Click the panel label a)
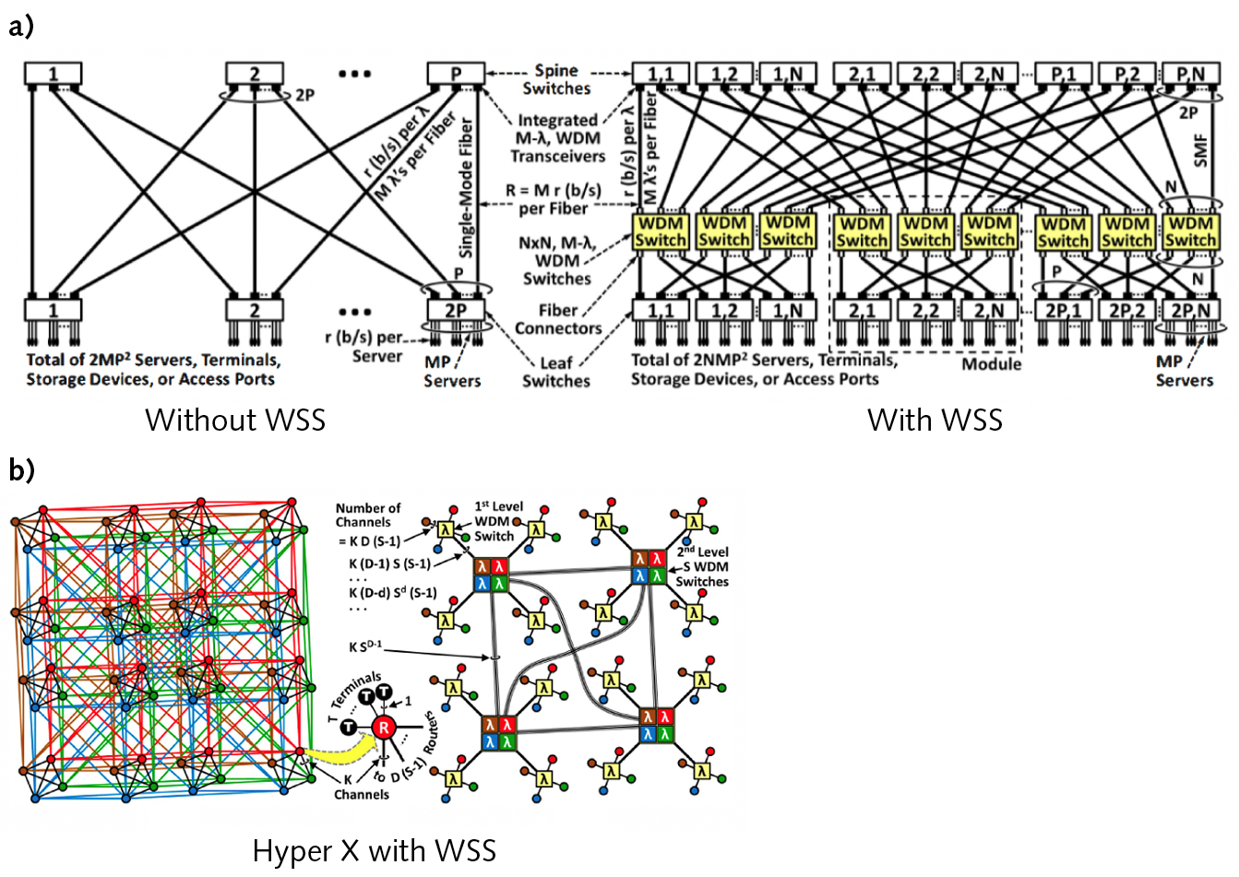click(x=20, y=27)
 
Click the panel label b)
click(x=20, y=470)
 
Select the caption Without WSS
click(x=235, y=421)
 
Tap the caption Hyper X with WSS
click(x=374, y=850)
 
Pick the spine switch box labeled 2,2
click(x=925, y=74)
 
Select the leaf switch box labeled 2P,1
click(x=1063, y=311)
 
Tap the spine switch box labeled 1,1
click(x=660, y=74)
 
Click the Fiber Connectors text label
click(x=558, y=319)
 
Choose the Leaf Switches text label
click(x=556, y=373)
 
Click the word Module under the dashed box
click(x=992, y=364)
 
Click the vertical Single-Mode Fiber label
click(x=466, y=187)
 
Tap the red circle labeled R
click(x=384, y=728)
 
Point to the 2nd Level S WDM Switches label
click(x=700, y=566)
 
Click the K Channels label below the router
click(x=361, y=787)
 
